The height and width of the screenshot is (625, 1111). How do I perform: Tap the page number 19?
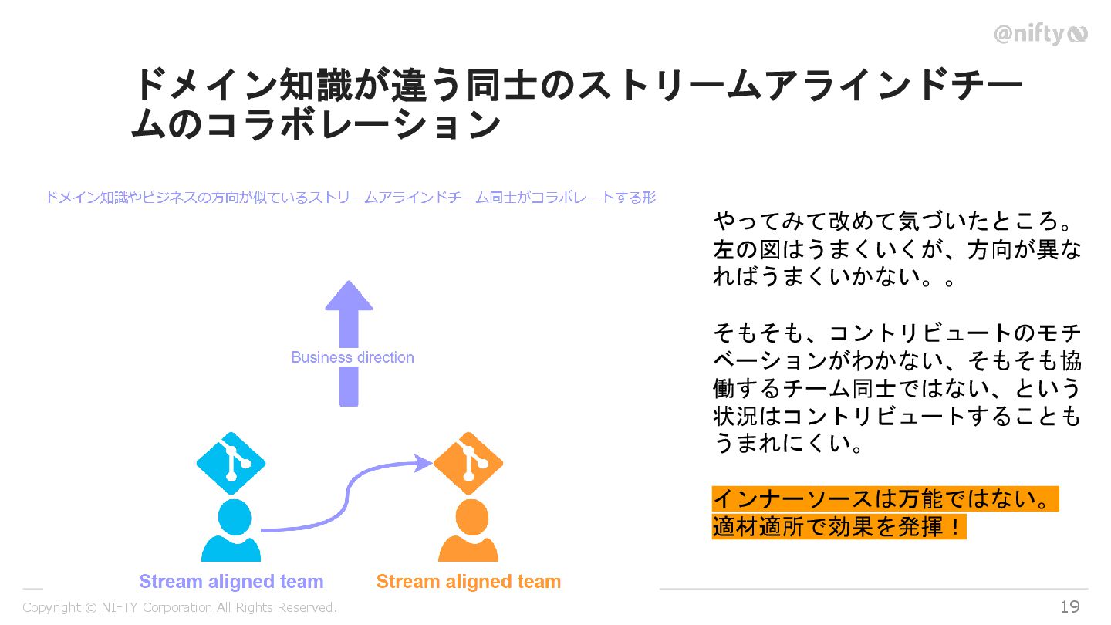(1069, 607)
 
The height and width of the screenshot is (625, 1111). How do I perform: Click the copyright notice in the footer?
(180, 608)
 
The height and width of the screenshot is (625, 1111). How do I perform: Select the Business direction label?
(353, 357)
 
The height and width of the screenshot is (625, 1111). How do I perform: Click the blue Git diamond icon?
(231, 463)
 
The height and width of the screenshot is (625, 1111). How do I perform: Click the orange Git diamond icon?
(468, 463)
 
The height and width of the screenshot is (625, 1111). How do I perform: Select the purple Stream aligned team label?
(231, 582)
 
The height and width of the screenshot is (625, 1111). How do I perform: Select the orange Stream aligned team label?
(468, 582)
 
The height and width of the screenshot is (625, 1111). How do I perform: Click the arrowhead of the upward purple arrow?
(349, 296)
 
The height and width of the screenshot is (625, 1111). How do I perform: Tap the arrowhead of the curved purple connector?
(423, 463)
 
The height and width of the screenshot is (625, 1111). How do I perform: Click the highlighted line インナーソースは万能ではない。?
(884, 499)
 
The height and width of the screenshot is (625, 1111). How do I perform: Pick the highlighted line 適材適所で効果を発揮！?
(839, 527)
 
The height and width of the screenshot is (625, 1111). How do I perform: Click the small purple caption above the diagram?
(350, 198)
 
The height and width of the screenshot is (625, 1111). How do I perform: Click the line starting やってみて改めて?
(896, 221)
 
